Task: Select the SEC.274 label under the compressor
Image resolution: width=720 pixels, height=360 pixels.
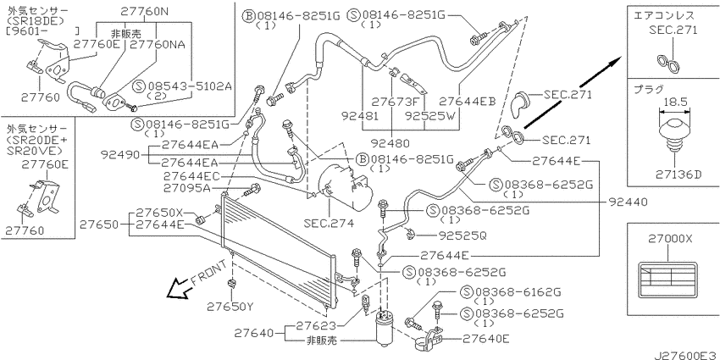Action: [329, 224]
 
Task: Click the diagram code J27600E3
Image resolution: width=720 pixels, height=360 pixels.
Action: [685, 354]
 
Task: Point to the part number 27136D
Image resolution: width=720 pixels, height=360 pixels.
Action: [675, 174]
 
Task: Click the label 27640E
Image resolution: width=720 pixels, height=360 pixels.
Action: [486, 339]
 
